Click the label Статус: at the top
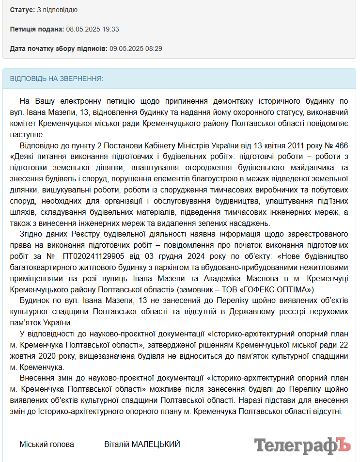[x=22, y=10]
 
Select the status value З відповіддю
[x=57, y=10]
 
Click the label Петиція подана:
[x=37, y=29]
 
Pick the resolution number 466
[x=342, y=145]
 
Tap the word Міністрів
[x=187, y=145]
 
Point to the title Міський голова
[x=47, y=444]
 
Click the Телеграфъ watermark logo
[x=302, y=444]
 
